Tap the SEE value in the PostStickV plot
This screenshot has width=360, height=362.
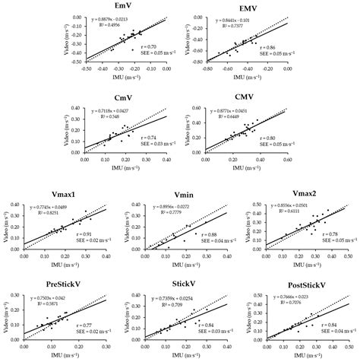pos(324,331)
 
